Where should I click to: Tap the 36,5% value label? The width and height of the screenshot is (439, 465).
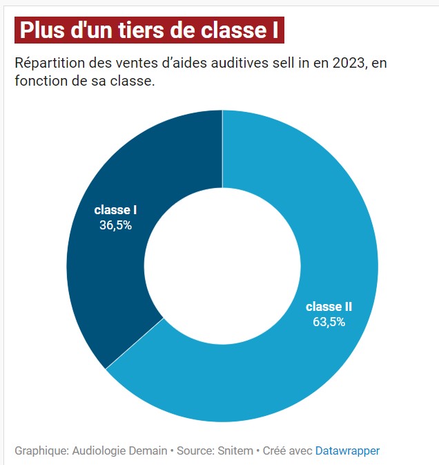(115, 225)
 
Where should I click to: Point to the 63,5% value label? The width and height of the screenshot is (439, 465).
(329, 321)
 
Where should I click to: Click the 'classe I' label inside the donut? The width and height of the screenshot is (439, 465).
(115, 210)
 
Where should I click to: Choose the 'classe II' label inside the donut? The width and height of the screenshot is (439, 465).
(329, 307)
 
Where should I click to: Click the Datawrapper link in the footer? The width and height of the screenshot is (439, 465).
(347, 450)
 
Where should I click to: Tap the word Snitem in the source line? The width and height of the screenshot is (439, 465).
(235, 450)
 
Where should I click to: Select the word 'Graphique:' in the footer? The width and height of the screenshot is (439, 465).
(41, 450)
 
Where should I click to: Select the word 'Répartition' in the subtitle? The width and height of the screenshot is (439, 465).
(48, 64)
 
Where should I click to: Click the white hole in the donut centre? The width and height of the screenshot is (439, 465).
(222, 266)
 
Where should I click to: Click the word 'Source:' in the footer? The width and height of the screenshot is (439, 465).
(195, 450)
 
